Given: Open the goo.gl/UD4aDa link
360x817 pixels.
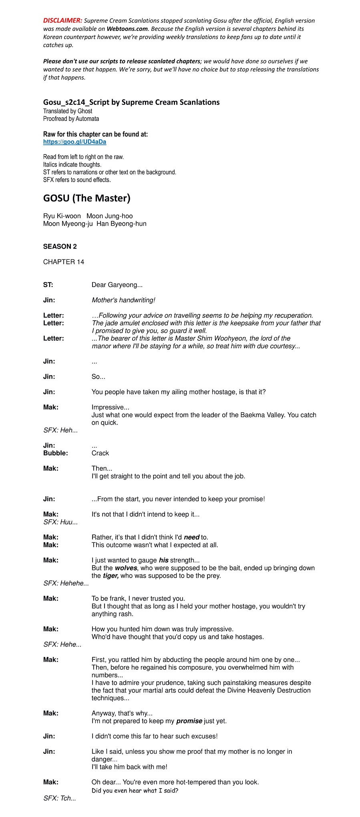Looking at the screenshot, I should pos(74,142).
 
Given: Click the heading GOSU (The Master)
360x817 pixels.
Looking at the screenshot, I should pos(86,198).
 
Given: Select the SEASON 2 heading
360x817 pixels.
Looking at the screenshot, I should pos(60,247).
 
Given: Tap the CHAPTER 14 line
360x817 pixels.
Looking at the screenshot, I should pos(64,262).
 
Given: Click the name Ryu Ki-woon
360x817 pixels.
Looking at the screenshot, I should pos(62,216).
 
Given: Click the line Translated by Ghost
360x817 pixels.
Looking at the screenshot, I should pos(68,111).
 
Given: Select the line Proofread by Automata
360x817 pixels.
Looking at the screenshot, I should pos(71,119).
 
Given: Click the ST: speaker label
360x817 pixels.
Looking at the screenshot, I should pos(48,285).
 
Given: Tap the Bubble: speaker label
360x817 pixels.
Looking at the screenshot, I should pos(55,453).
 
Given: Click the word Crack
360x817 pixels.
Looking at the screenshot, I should pos(100,453).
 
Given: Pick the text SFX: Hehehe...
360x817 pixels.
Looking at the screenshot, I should pos(66,583).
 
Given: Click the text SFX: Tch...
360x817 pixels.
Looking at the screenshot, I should pos(60,798).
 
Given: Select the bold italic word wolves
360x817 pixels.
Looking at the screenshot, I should pos(126,568).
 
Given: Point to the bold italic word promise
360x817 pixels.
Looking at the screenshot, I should pos(189,721).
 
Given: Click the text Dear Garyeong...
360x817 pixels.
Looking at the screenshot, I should pos(117,285).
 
